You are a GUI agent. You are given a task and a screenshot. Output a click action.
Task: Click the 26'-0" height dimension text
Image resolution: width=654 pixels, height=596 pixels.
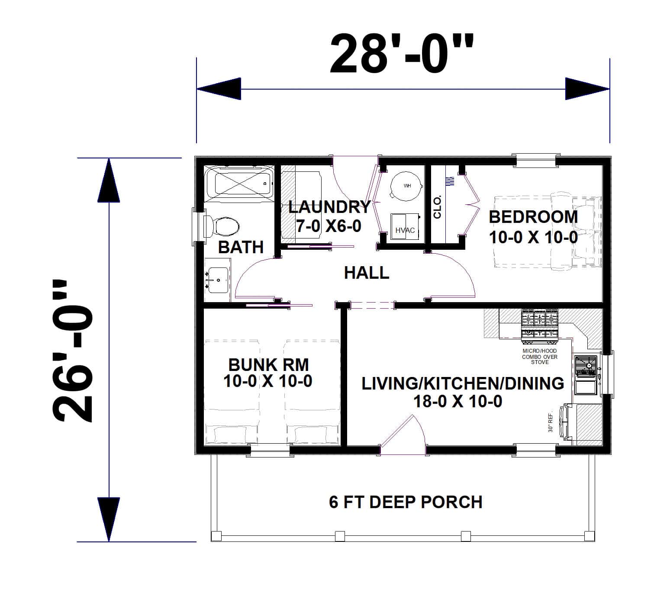tap(72, 351)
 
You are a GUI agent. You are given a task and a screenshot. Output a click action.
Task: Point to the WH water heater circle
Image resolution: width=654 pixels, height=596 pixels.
tap(406, 187)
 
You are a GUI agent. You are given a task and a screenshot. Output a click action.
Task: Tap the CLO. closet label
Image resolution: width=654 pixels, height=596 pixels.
tap(437, 206)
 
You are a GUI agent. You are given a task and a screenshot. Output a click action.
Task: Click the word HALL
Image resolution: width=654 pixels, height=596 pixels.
tap(367, 273)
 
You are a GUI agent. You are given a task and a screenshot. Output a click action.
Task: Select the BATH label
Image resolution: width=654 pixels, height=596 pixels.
tap(241, 247)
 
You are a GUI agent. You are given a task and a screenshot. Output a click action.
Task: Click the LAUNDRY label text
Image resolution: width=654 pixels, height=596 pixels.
tap(329, 207)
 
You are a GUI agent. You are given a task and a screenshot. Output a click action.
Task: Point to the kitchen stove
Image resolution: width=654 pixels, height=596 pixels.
tap(539, 324)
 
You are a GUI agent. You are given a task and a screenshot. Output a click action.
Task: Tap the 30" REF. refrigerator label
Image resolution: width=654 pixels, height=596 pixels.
tap(551, 422)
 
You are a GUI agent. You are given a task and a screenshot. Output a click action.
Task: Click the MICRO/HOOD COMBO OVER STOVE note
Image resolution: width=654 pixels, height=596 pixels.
tap(540, 357)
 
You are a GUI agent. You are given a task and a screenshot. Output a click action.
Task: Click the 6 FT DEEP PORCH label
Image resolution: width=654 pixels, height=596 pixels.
tap(406, 502)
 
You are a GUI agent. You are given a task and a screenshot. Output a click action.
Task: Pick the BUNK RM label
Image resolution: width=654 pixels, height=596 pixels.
tap(268, 365)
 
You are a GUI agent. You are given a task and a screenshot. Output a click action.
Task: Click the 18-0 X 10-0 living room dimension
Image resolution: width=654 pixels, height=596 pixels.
tap(458, 402)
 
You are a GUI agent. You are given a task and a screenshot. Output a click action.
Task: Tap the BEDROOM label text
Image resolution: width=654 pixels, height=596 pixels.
tap(533, 217)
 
